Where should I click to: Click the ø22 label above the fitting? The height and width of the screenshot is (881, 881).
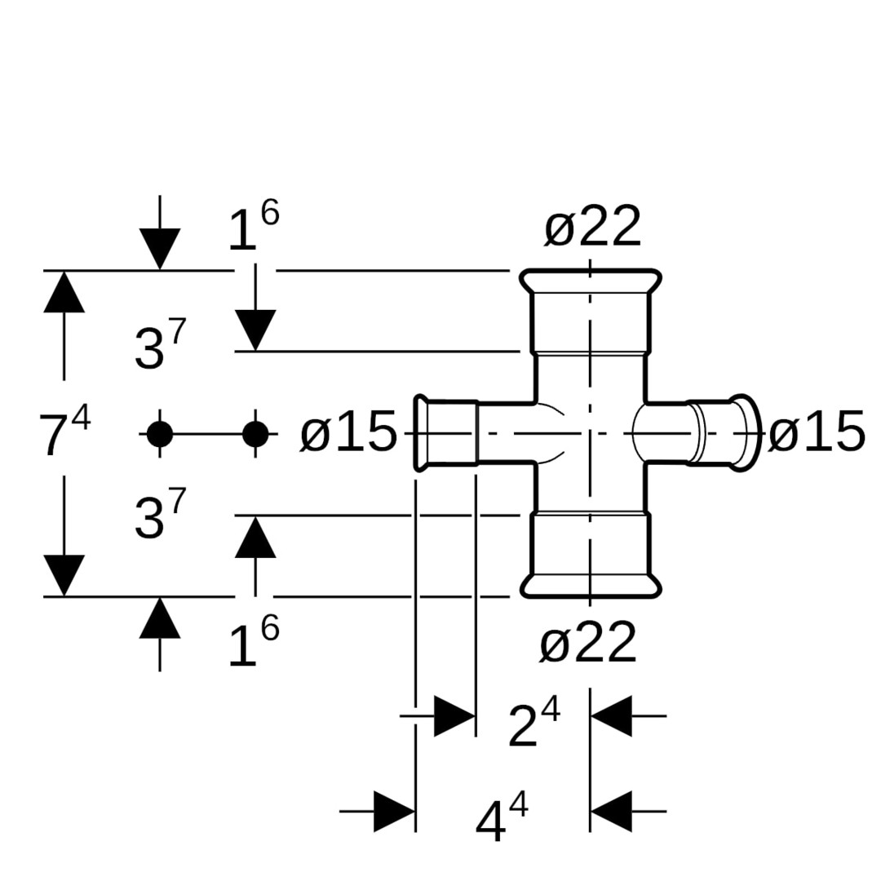(x=592, y=228)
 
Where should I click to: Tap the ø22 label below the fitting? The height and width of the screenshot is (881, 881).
(x=587, y=644)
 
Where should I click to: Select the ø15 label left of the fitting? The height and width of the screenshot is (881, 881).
(x=348, y=433)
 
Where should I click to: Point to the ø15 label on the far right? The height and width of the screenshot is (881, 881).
(x=817, y=432)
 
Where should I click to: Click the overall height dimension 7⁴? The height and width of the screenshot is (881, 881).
(x=64, y=432)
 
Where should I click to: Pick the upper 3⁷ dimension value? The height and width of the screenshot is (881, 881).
(x=161, y=348)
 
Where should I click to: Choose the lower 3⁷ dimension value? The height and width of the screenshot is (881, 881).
(x=161, y=517)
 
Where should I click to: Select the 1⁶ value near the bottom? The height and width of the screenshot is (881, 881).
(x=253, y=644)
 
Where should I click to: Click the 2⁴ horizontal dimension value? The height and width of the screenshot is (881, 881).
(x=533, y=724)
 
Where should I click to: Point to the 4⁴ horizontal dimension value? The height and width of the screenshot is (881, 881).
(x=501, y=821)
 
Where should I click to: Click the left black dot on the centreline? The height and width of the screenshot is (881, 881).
(x=159, y=434)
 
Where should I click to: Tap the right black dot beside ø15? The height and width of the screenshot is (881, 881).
(x=255, y=434)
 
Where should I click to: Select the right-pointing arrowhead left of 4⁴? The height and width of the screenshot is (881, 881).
(x=395, y=811)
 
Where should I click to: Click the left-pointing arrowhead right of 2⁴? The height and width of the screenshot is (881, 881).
(x=611, y=715)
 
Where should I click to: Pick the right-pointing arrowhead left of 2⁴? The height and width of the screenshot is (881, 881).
(x=454, y=716)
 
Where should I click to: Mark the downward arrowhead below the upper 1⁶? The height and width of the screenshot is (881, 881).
(x=255, y=330)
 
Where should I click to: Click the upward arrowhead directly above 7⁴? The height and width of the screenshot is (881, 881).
(x=64, y=292)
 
